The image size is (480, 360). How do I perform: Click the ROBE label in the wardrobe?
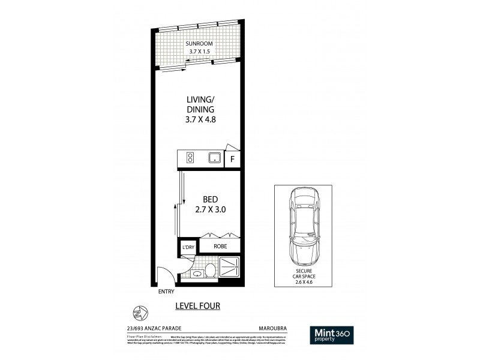pyautogui.click(x=219, y=246)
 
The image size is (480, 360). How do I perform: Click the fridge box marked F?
pyautogui.click(x=233, y=159)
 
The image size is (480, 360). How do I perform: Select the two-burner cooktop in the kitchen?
pyautogui.click(x=190, y=159)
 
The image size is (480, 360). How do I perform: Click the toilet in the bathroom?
pyautogui.click(x=210, y=271)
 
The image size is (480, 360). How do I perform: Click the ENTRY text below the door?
pyautogui.click(x=166, y=292)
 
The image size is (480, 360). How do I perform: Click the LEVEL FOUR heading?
pyautogui.click(x=197, y=306)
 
